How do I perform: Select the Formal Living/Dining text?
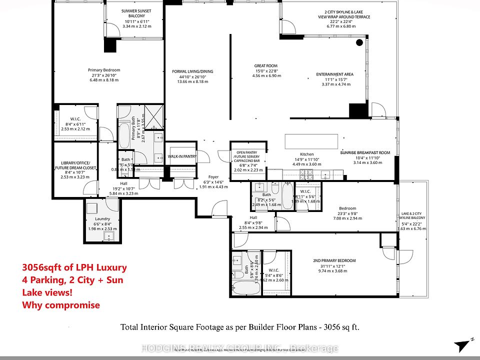[192, 71]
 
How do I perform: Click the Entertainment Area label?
[334, 74]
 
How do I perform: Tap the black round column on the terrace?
[359, 43]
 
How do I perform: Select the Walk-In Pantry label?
[182, 156]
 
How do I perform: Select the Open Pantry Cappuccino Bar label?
[247, 156]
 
